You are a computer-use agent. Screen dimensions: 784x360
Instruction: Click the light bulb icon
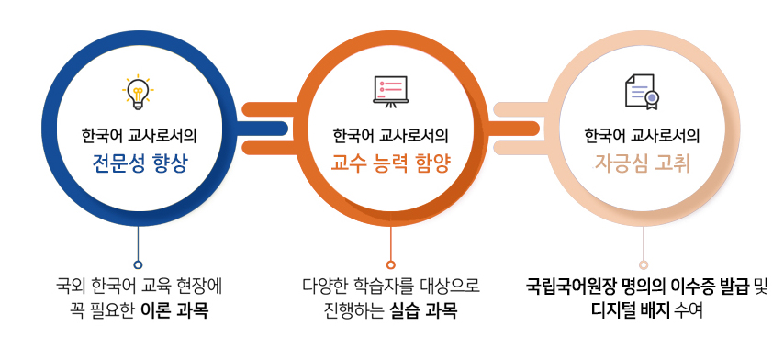point(138,93)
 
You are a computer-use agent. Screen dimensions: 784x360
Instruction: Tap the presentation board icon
point(390,92)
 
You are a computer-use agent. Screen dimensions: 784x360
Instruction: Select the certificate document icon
point(643,92)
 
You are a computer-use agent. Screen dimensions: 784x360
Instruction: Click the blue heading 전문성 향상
point(140,163)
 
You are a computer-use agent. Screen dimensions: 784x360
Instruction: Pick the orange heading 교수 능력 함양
point(391,163)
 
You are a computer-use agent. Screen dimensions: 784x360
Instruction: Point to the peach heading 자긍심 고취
point(642,163)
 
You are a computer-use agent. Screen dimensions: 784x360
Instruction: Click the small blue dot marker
point(138,265)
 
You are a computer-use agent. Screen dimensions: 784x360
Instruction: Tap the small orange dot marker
point(391,265)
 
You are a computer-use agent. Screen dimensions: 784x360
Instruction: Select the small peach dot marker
point(644,265)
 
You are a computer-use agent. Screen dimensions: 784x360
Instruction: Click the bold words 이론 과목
point(174,311)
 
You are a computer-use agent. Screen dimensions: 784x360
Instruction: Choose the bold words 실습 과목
point(423,311)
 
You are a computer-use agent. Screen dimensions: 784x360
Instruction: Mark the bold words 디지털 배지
point(630,311)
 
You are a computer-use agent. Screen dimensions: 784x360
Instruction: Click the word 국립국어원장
point(565,287)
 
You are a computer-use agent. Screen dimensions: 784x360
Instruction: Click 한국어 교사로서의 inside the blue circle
point(140,136)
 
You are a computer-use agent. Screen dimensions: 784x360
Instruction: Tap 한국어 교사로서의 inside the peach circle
point(642,136)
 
